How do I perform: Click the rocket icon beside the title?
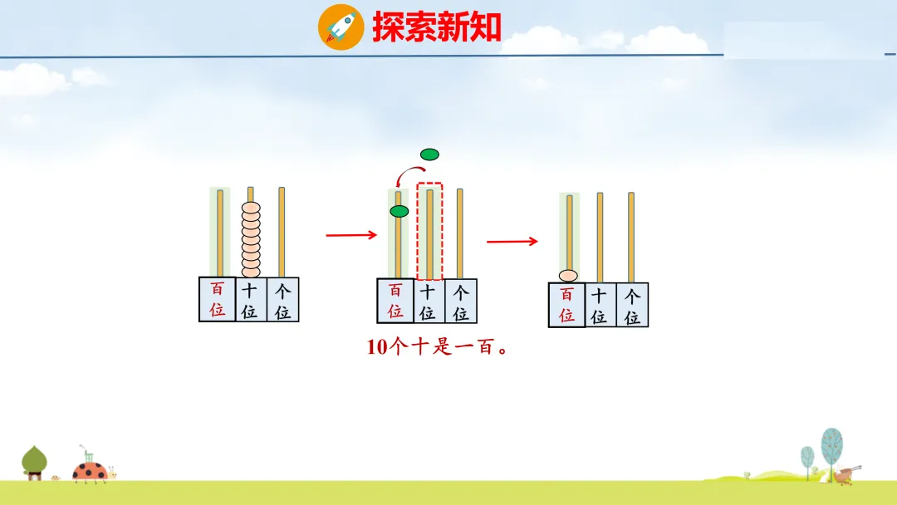[x=341, y=27]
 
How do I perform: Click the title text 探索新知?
[x=437, y=27]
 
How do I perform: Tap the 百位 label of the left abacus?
[x=218, y=299]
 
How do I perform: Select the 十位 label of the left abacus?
[x=250, y=300]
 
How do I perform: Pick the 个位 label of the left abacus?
[x=283, y=300]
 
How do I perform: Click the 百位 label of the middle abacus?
[x=395, y=301]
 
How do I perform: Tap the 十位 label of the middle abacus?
[x=428, y=302]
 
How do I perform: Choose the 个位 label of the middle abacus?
[x=461, y=302]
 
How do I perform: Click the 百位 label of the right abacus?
[x=566, y=305]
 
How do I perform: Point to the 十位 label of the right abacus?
[x=599, y=305]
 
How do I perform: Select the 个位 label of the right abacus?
[x=632, y=305]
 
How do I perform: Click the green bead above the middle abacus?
[x=429, y=154]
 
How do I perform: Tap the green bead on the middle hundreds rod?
[x=399, y=211]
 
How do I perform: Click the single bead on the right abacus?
[x=569, y=276]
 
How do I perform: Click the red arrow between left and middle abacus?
[x=351, y=235]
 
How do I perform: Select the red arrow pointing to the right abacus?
[x=512, y=242]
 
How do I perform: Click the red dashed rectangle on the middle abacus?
[x=429, y=232]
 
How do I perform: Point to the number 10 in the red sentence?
[x=377, y=347]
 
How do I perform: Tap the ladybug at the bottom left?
[x=89, y=472]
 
